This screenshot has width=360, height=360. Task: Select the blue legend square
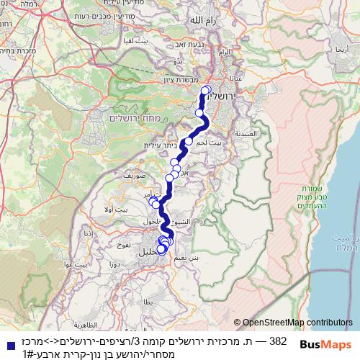point(8,345)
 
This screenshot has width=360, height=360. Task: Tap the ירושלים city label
point(229,94)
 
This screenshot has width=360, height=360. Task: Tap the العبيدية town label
point(256,134)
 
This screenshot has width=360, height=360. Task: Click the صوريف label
point(135,175)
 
